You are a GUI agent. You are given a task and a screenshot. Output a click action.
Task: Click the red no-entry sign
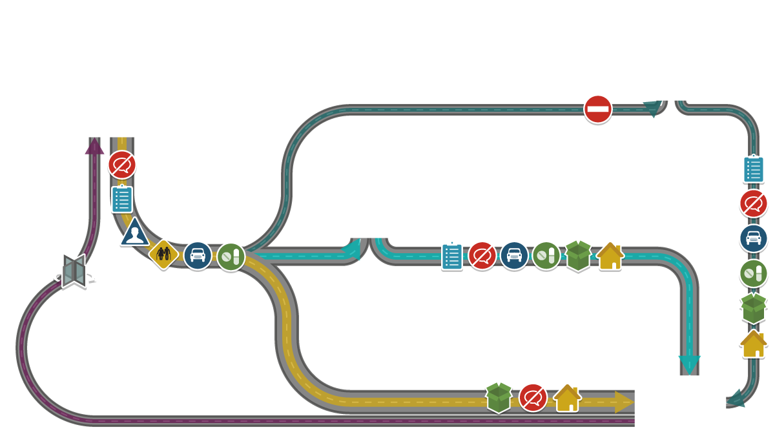pos(597,109)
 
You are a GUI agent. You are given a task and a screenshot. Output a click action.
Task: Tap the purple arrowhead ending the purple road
pos(94,147)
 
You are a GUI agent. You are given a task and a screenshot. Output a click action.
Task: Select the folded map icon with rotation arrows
pos(74,271)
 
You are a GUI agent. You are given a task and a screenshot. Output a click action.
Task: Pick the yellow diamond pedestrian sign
pos(163,254)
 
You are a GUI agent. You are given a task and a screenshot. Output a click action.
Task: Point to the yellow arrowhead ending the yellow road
pos(623,402)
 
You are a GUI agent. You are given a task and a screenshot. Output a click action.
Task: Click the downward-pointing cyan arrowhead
pos(689,364)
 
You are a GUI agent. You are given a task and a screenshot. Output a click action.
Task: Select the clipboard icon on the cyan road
pos(452,256)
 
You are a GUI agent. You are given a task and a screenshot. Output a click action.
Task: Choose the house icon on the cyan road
pos(610,256)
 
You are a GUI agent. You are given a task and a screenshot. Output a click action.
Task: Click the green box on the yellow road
pos(499,397)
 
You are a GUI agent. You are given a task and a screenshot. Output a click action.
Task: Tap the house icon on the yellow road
pos(567,398)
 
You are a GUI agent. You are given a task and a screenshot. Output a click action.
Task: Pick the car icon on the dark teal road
pos(753,238)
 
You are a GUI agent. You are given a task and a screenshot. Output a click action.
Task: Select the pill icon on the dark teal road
pos(753,273)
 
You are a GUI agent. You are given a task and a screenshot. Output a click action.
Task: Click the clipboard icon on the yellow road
pos(121,199)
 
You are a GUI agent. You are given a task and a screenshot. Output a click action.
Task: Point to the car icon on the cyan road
pos(514,256)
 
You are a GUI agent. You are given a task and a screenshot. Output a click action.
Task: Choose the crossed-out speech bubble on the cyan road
pos(482,256)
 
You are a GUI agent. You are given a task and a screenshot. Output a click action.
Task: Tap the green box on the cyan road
pos(578,256)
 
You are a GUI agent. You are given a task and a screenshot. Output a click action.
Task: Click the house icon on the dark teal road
pos(753,344)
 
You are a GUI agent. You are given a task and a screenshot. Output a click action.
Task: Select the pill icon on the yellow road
pos(231,256)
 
